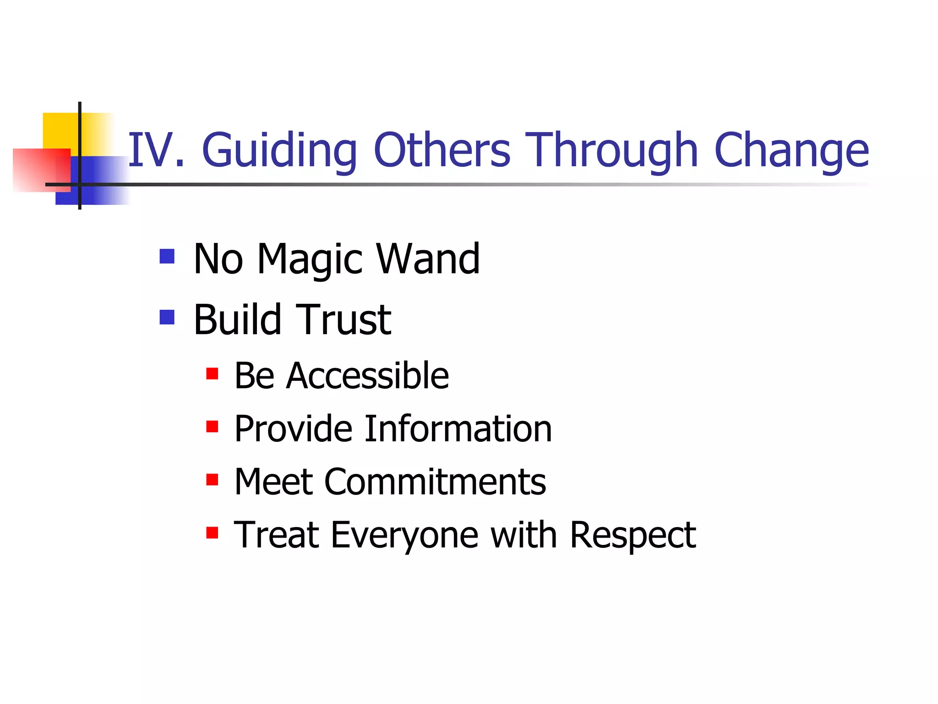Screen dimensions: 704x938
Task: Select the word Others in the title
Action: tap(442, 150)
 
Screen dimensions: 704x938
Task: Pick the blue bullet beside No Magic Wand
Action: tap(167, 256)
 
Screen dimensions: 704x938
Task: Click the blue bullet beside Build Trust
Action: tap(167, 317)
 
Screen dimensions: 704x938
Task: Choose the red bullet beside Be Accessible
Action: tap(212, 374)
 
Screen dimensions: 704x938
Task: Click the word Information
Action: tap(458, 429)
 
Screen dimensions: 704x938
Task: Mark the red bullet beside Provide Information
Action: tap(212, 427)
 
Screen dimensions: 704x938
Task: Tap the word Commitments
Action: tap(435, 482)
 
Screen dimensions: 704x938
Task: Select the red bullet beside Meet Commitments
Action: tap(212, 480)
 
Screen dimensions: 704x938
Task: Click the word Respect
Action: tap(633, 536)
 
